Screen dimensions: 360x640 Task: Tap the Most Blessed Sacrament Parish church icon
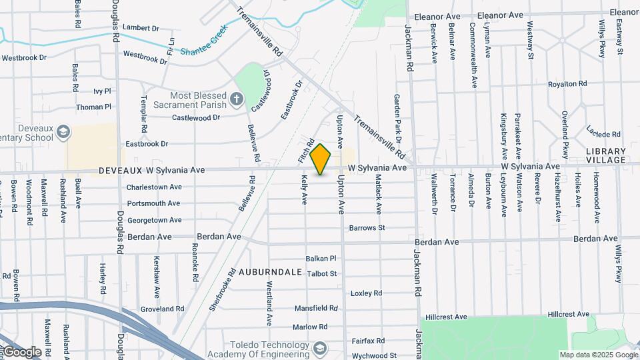click(x=235, y=101)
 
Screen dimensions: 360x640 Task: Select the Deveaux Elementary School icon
click(x=63, y=131)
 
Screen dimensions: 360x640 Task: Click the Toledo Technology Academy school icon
click(x=320, y=349)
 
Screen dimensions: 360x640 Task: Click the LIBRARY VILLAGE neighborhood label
click(x=606, y=155)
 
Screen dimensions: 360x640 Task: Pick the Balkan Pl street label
click(x=321, y=258)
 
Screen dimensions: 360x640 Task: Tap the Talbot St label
click(x=323, y=273)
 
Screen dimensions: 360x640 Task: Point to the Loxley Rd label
click(x=366, y=293)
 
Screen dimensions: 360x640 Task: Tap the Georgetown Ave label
click(x=155, y=220)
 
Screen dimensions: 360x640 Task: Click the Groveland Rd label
click(x=162, y=309)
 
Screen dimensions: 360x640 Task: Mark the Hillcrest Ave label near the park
click(x=569, y=314)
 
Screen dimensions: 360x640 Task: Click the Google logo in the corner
click(x=21, y=351)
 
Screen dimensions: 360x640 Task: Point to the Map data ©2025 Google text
click(x=597, y=355)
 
